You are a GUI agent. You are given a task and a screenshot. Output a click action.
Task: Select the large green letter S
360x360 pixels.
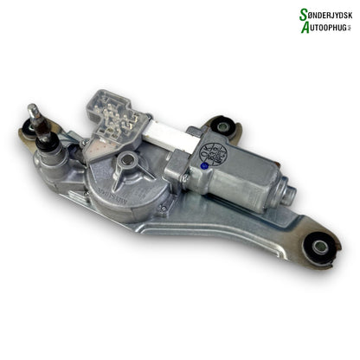point(280,13)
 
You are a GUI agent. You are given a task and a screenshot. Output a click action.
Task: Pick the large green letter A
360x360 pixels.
point(281,28)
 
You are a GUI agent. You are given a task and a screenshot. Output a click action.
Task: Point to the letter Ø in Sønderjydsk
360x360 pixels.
point(292,15)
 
